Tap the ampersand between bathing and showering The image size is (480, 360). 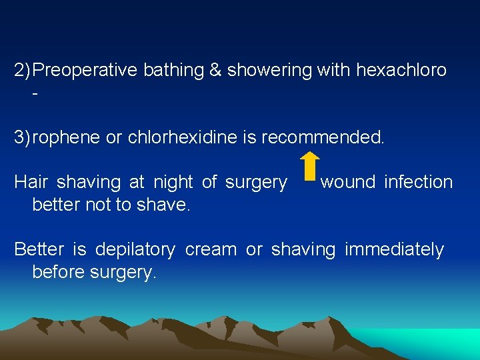click(x=215, y=71)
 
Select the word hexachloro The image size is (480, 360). click(x=401, y=71)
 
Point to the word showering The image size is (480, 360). click(x=269, y=71)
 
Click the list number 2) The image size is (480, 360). click(x=23, y=71)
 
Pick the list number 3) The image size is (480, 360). click(x=23, y=137)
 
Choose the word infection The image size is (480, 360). click(x=419, y=182)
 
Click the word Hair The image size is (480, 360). click(x=30, y=182)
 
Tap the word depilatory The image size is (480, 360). click(x=135, y=250)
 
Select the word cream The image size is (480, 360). click(x=210, y=250)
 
